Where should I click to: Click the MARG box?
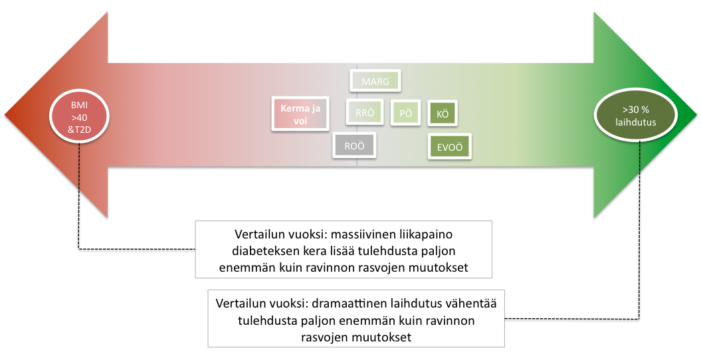pyautogui.click(x=375, y=81)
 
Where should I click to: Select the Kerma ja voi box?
pyautogui.click(x=300, y=114)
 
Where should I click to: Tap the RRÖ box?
pyautogui.click(x=365, y=112)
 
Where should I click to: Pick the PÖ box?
pyautogui.click(x=405, y=112)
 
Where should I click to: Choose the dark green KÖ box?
pyautogui.click(x=442, y=113)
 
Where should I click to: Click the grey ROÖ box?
pyautogui.click(x=354, y=145)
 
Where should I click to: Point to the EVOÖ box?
pyautogui.click(x=449, y=147)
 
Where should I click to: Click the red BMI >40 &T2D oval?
pyautogui.click(x=79, y=118)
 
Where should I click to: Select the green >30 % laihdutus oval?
pyautogui.click(x=635, y=115)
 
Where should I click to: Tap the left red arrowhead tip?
pyautogui.click(x=5, y=115)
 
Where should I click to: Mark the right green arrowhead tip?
pyautogui.click(x=696, y=115)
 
